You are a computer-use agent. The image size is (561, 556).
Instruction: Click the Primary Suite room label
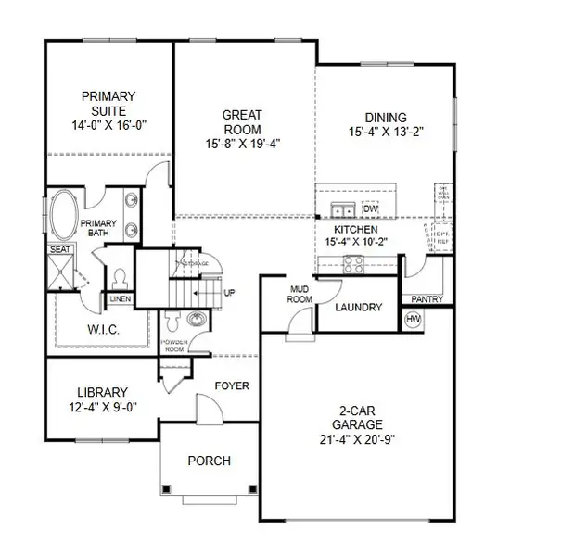tap(108, 95)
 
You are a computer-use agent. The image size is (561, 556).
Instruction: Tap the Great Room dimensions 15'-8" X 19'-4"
tap(242, 144)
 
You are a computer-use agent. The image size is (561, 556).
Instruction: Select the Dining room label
tap(385, 117)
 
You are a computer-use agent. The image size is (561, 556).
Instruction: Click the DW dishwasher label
tap(370, 208)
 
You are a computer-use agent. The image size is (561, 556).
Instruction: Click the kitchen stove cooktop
tap(354, 264)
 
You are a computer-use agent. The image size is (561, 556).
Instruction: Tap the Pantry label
tap(426, 299)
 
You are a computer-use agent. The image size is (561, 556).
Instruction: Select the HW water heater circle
tap(414, 320)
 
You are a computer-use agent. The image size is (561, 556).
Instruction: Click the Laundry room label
tap(358, 308)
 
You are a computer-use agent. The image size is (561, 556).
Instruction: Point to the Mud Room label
tap(299, 294)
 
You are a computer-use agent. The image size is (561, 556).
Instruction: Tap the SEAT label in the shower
tap(59, 249)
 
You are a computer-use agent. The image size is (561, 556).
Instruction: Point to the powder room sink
tap(196, 320)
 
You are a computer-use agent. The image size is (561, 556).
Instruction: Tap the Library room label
tap(103, 392)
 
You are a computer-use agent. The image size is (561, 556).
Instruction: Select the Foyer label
tap(232, 385)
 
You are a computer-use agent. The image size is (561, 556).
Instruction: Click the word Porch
tap(209, 461)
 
